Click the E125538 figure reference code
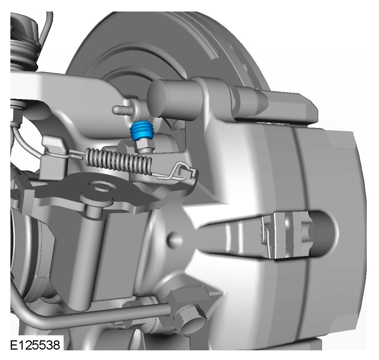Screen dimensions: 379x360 [x=35, y=345]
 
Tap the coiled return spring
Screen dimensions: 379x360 [x=118, y=161]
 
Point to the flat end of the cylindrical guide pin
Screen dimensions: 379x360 [x=157, y=99]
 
